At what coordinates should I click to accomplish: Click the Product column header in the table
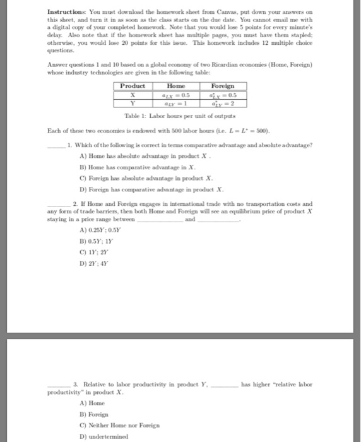(x=133, y=87)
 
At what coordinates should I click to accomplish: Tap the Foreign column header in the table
(x=222, y=87)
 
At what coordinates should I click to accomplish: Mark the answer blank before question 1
(x=59, y=145)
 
